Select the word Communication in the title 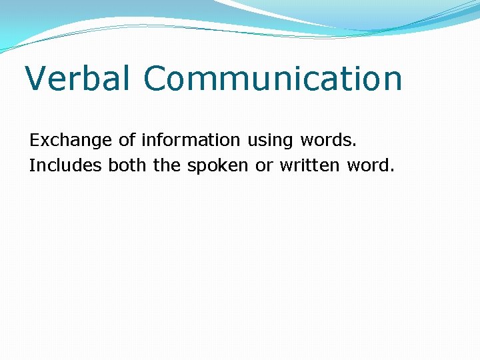[x=273, y=79]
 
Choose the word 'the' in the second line [x=167, y=165]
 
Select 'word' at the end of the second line [x=368, y=165]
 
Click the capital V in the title [x=37, y=79]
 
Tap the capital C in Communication [x=155, y=79]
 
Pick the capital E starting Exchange [x=34, y=141]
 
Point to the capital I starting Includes [x=31, y=165]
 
